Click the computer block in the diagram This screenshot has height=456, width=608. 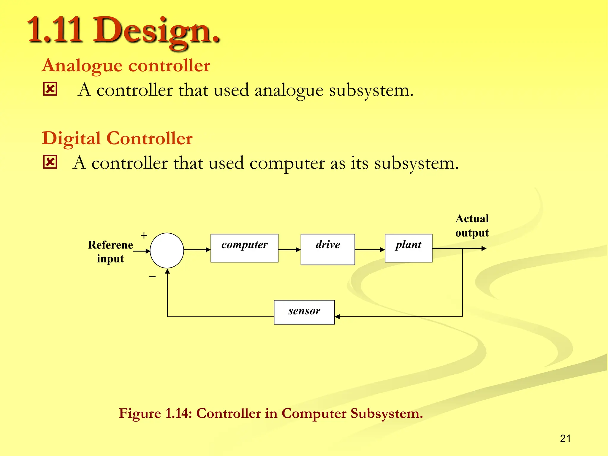click(x=244, y=248)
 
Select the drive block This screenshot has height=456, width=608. click(x=328, y=249)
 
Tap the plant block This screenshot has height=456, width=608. click(x=408, y=248)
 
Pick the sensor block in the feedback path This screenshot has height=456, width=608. click(x=304, y=312)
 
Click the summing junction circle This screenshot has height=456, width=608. click(x=167, y=250)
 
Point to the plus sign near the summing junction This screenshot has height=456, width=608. click(x=144, y=235)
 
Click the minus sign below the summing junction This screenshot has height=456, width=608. click(x=153, y=277)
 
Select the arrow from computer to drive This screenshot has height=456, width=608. click(x=289, y=250)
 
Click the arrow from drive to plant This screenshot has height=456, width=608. click(x=370, y=250)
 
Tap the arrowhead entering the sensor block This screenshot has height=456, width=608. click(x=338, y=317)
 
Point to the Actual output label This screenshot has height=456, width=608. click(x=472, y=226)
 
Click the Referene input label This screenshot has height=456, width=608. click(x=110, y=251)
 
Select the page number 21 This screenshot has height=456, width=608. click(x=565, y=438)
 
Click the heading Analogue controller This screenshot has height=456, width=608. click(x=126, y=65)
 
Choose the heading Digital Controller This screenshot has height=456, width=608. click(x=117, y=138)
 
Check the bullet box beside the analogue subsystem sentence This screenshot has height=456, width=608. click(x=50, y=89)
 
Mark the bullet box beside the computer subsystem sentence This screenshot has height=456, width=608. click(x=50, y=162)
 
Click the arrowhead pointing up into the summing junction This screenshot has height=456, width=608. click(x=167, y=271)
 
